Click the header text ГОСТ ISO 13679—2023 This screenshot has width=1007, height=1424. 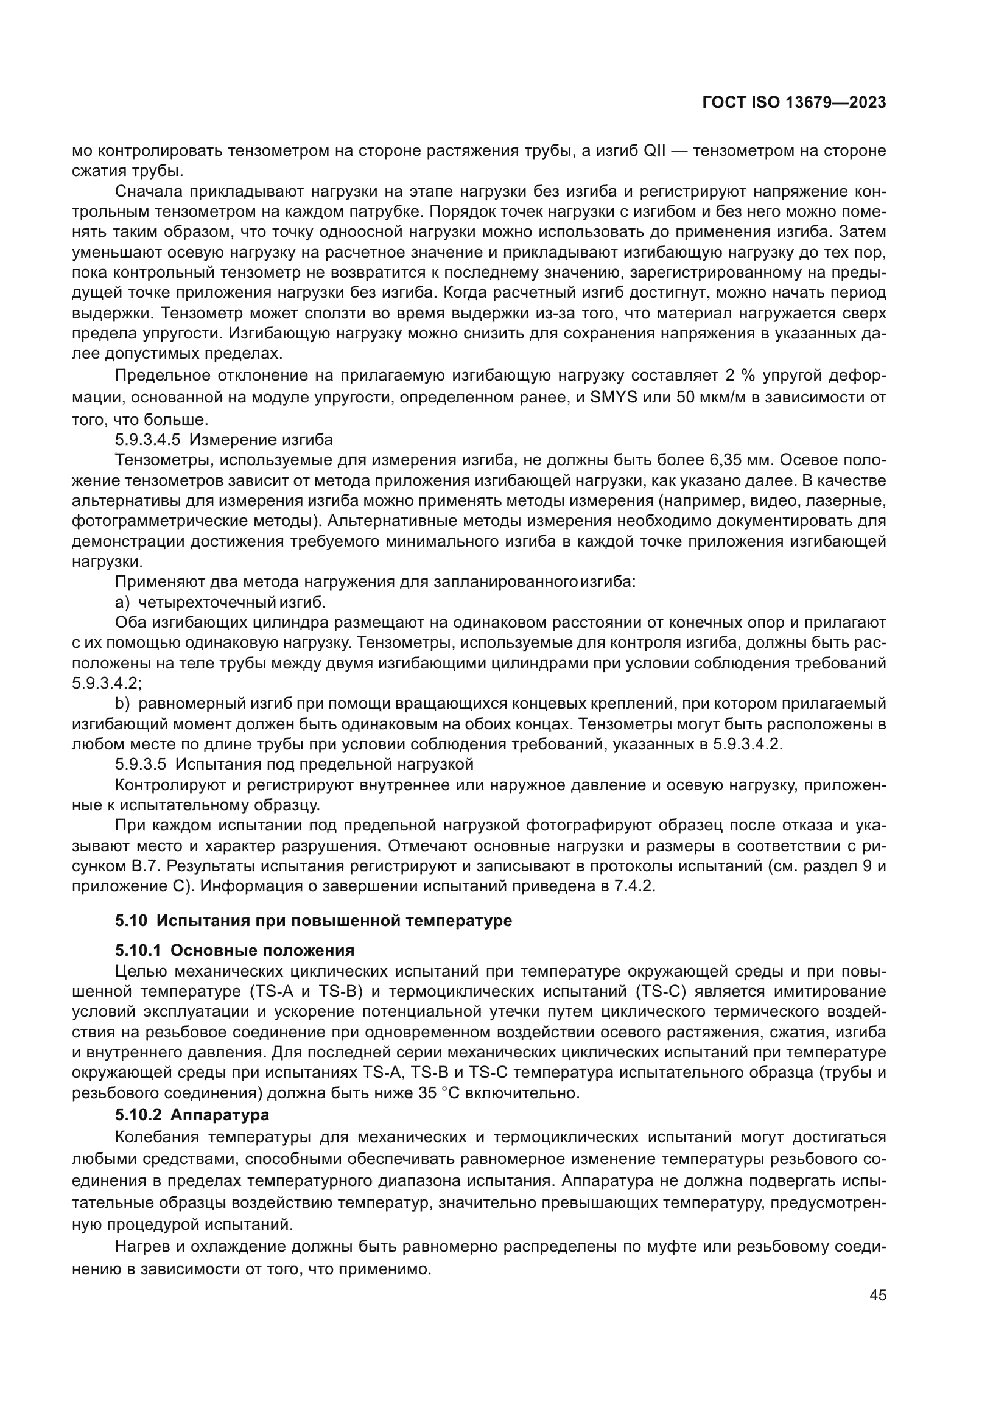click(794, 103)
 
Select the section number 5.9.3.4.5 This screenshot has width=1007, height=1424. click(147, 440)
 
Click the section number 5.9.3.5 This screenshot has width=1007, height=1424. click(140, 763)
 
